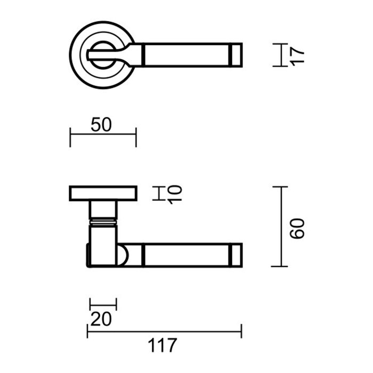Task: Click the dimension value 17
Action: pyautogui.click(x=298, y=55)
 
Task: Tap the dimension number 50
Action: pyautogui.click(x=101, y=125)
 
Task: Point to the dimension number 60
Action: pyautogui.click(x=298, y=228)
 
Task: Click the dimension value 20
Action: pyautogui.click(x=101, y=320)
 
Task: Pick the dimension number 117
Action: pyautogui.click(x=164, y=345)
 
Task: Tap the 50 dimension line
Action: pyautogui.click(x=103, y=134)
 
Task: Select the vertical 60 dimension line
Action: pyautogui.click(x=280, y=226)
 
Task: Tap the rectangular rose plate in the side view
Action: pyautogui.click(x=103, y=193)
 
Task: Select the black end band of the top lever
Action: pyautogui.click(x=237, y=55)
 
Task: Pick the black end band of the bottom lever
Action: pyautogui.click(x=237, y=255)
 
